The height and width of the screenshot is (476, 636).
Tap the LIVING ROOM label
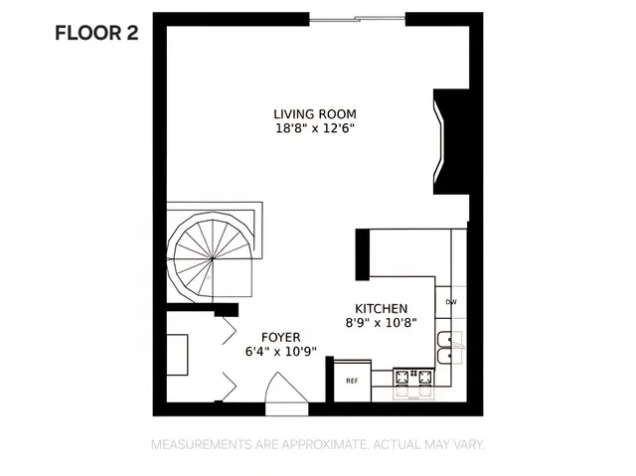(316, 113)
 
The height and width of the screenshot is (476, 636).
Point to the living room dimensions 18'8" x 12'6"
(316, 128)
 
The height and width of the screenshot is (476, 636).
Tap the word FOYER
(281, 337)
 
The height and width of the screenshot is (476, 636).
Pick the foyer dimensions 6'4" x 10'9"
(281, 351)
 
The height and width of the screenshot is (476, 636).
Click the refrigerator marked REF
(352, 380)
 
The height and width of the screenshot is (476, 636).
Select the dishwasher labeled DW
(450, 302)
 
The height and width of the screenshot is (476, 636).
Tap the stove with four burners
(413, 378)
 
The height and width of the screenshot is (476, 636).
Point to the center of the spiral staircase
(212, 255)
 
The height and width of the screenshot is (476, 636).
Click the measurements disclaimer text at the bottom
(317, 444)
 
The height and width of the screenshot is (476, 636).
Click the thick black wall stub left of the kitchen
(363, 253)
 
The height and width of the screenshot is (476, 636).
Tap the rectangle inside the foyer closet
(177, 358)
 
